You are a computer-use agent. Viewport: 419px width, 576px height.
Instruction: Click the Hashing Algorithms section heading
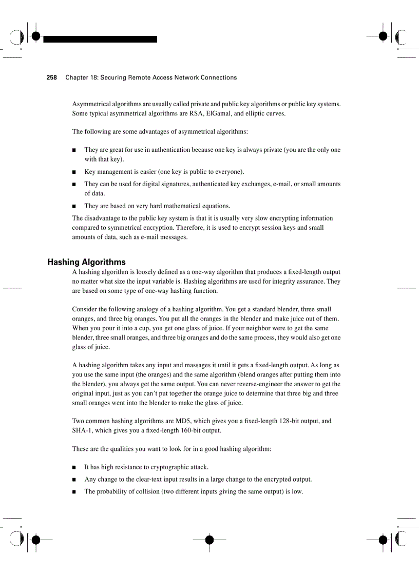click(86, 262)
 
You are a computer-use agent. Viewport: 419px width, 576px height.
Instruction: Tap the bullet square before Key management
click(74, 172)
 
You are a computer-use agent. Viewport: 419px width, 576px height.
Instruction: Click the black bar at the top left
click(100, 39)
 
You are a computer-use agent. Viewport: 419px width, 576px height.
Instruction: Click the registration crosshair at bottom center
click(209, 540)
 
